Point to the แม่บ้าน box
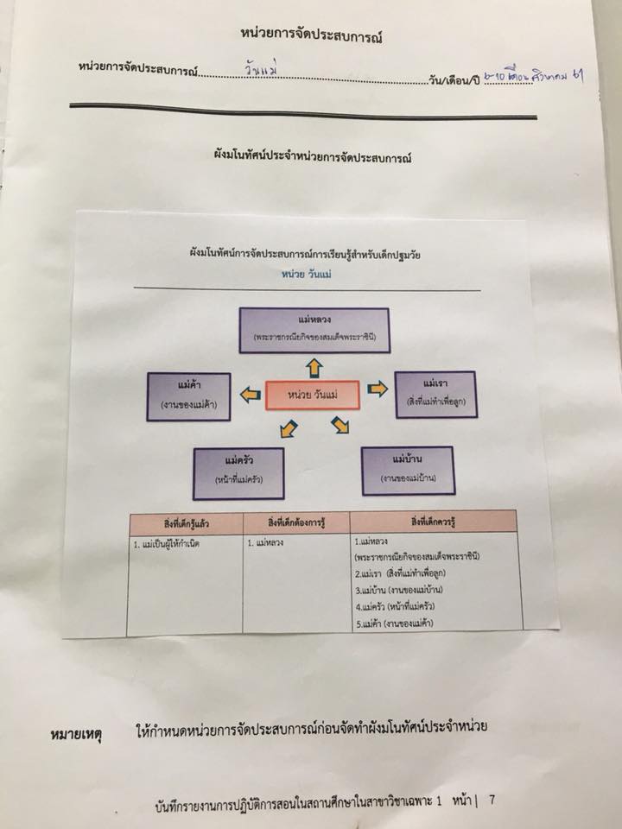click(x=406, y=468)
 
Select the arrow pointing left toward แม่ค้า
click(x=249, y=395)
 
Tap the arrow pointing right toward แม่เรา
click(x=378, y=389)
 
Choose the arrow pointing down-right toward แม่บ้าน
click(x=342, y=424)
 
